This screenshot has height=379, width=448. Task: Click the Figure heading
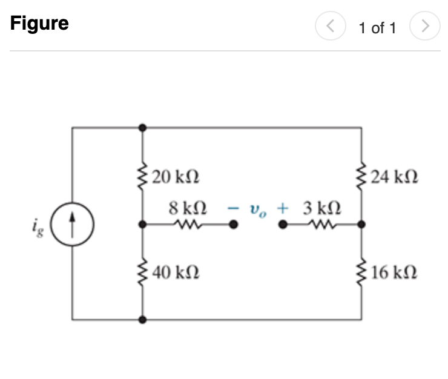click(x=39, y=24)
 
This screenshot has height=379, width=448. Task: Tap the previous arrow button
click(x=329, y=27)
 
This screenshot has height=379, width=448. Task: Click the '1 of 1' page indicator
click(x=377, y=28)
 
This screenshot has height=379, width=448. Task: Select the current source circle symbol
click(x=72, y=223)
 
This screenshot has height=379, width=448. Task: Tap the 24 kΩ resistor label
click(x=394, y=177)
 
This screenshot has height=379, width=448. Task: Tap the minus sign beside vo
click(x=232, y=208)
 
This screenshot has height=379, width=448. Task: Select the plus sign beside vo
click(x=282, y=208)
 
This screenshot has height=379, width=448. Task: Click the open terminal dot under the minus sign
click(x=233, y=224)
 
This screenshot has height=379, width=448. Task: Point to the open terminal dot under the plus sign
click(x=282, y=224)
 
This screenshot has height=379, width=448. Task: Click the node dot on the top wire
click(x=142, y=128)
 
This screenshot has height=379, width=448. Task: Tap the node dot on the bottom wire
click(x=142, y=318)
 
